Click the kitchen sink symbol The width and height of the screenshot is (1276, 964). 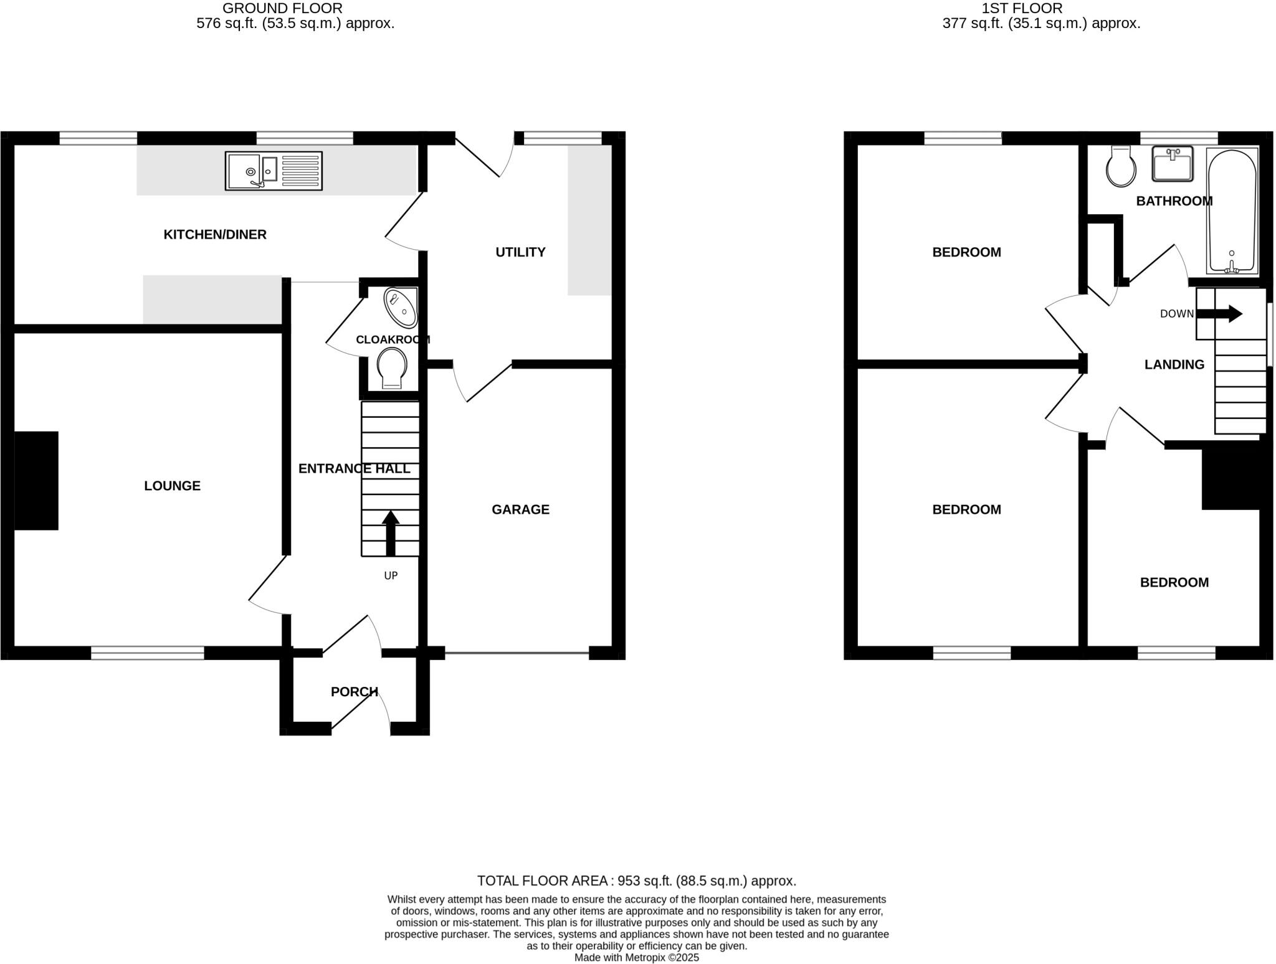(x=274, y=171)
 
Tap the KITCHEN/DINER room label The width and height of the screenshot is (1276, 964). (x=215, y=235)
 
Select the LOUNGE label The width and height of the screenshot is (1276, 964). (x=172, y=486)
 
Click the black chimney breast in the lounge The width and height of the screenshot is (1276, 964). (x=36, y=481)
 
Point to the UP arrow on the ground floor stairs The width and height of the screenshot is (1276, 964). (x=391, y=533)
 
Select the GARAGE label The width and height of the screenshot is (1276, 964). (x=520, y=510)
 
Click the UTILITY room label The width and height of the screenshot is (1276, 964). (x=520, y=252)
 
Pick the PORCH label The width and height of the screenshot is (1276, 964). (x=354, y=692)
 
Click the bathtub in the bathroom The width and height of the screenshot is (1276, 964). (x=1232, y=210)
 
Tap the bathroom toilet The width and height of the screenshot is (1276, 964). (x=1121, y=167)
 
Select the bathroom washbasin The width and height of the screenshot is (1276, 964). (x=1173, y=164)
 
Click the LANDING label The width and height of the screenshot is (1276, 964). (x=1174, y=365)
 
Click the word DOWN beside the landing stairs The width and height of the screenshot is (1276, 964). (x=1176, y=314)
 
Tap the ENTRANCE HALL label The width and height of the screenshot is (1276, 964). (x=354, y=469)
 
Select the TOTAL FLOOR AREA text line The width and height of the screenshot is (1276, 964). (x=637, y=881)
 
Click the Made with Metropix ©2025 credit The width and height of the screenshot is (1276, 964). (x=637, y=958)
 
